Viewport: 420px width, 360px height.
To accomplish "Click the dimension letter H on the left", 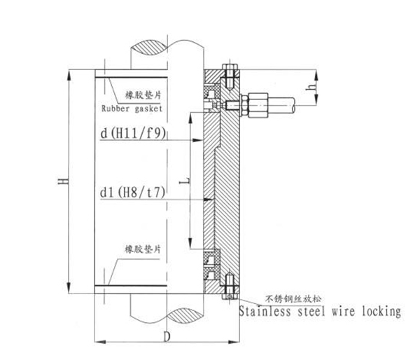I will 62,181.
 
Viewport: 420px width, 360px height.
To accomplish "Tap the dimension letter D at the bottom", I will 167,335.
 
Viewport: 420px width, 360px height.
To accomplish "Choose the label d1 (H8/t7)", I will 130,191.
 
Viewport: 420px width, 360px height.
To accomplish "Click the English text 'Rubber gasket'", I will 132,109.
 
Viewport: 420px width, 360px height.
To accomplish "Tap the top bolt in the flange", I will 228,71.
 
